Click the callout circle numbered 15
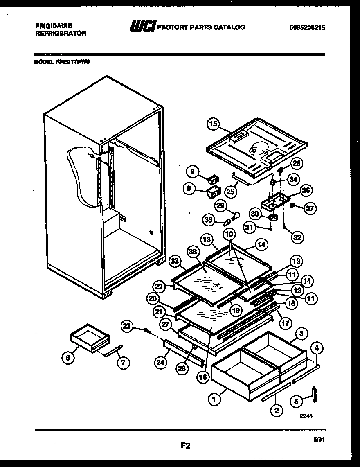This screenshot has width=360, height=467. (x=213, y=124)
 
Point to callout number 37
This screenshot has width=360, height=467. (x=310, y=208)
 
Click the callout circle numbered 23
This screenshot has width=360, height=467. (x=128, y=326)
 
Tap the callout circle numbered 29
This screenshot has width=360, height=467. (x=221, y=206)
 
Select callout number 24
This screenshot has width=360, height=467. (x=161, y=362)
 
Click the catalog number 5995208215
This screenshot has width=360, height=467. (x=309, y=28)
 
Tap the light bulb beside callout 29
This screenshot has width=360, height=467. (x=236, y=215)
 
